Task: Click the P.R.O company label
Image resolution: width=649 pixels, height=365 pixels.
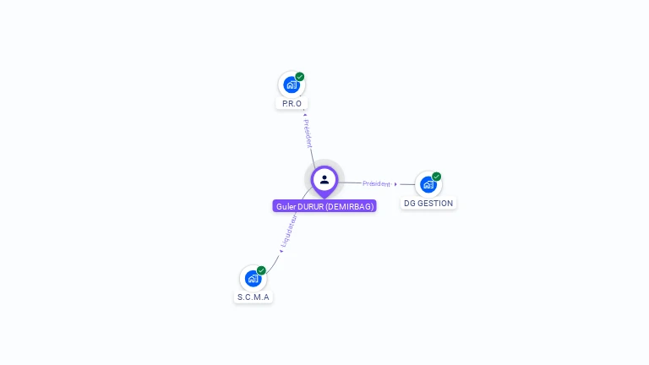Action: click(292, 103)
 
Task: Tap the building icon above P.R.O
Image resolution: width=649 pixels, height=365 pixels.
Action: click(292, 84)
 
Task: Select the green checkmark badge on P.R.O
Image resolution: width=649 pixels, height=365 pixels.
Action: click(300, 77)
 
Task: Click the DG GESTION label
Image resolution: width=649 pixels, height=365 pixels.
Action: click(428, 204)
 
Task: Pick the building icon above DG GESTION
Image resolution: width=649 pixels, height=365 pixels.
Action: click(428, 184)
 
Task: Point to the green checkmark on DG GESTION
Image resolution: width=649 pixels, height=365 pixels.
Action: click(437, 177)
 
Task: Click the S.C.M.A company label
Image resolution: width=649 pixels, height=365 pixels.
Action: click(253, 297)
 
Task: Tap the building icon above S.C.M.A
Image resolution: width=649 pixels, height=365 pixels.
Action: click(253, 278)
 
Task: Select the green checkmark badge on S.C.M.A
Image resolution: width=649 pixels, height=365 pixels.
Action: click(261, 270)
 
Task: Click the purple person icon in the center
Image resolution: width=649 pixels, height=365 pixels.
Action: click(324, 179)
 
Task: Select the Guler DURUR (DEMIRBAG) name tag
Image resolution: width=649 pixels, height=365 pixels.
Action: click(324, 206)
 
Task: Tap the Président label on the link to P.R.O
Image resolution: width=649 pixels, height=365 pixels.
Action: click(308, 133)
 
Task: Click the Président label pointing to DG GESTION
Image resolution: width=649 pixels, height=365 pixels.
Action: click(376, 183)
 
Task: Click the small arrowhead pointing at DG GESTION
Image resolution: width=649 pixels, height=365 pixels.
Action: click(395, 184)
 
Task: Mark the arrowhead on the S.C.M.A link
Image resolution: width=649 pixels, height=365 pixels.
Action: click(281, 251)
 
